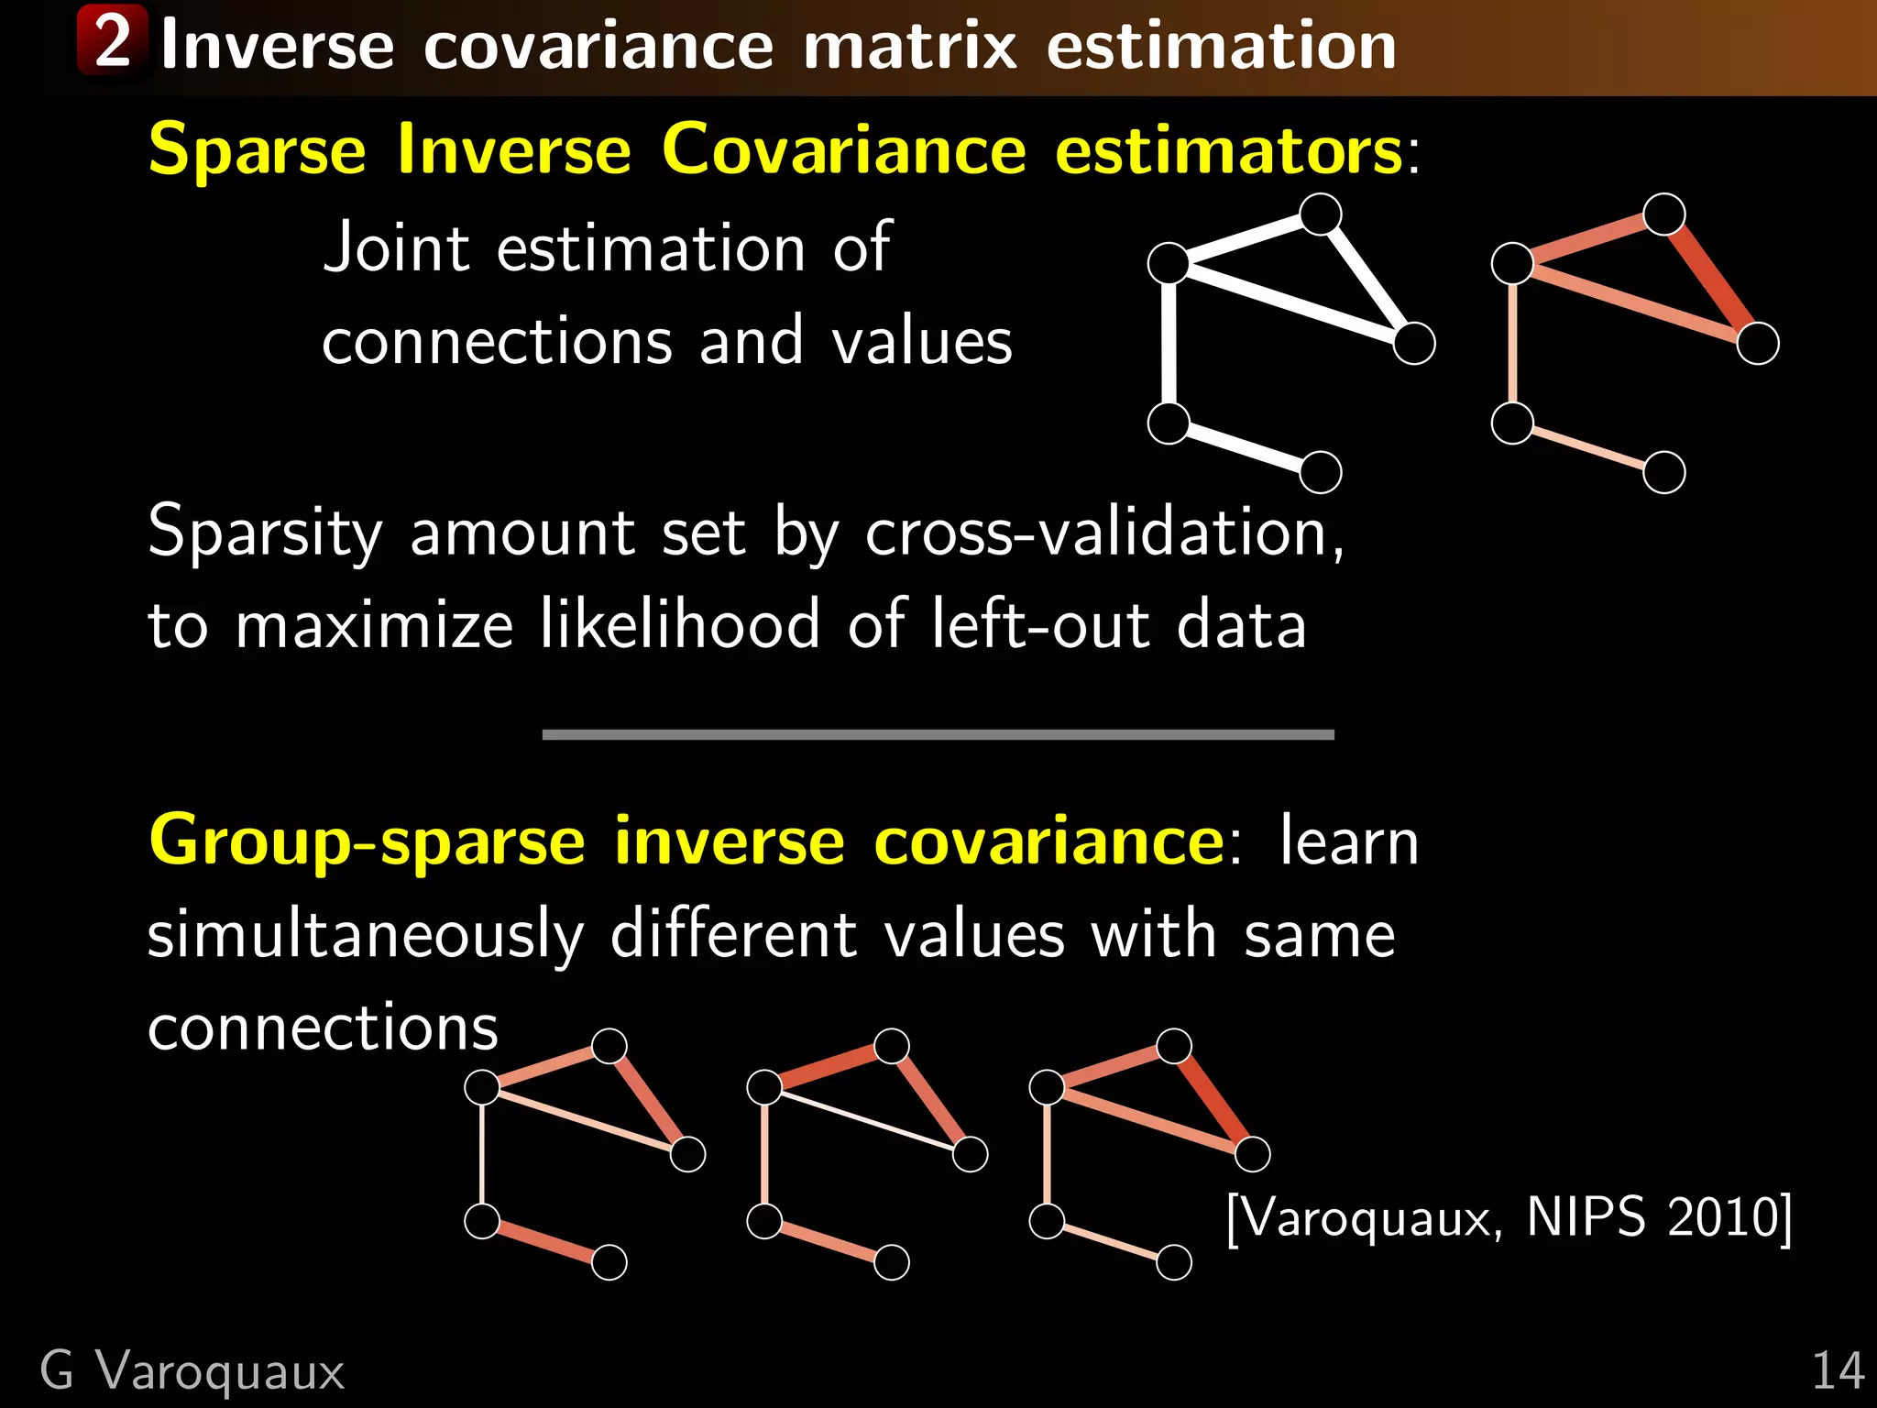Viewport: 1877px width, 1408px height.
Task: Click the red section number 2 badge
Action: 112,40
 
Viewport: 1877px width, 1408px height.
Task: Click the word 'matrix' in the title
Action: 909,46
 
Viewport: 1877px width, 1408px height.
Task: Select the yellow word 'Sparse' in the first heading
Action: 257,149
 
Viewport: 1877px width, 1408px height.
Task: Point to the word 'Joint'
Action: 397,247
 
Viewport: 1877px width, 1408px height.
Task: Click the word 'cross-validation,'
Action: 1104,532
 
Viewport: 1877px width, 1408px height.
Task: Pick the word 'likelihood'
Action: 679,625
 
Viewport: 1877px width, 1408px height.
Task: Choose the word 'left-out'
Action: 1040,625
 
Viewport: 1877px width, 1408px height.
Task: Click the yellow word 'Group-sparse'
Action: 367,841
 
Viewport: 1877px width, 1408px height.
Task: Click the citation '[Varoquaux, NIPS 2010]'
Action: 1509,1218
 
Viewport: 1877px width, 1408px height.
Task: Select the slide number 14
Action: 1838,1371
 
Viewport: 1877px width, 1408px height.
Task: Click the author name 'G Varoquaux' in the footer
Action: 192,1371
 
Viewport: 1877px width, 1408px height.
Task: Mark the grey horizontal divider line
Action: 938,734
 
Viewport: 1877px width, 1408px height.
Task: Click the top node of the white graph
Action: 1321,214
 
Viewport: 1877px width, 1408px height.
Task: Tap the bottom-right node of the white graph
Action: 1321,472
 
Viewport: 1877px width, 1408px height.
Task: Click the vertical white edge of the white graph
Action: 1169,344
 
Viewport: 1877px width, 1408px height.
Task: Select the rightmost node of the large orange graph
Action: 1758,344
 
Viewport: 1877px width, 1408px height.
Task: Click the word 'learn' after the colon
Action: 1348,841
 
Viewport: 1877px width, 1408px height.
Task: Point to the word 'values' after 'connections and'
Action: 921,342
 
